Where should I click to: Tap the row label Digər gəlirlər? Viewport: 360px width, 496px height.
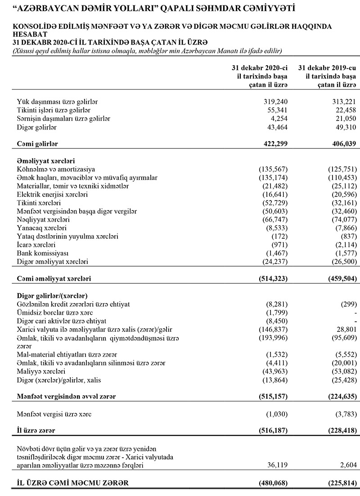pos(37,127)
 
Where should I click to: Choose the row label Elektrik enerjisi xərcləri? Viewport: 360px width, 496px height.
pos(52,195)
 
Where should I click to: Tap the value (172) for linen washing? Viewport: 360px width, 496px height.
pos(279,237)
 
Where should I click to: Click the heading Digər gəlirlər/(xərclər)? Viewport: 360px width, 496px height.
pos(52,296)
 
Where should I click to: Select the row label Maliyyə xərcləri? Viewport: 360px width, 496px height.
pos(41,372)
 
